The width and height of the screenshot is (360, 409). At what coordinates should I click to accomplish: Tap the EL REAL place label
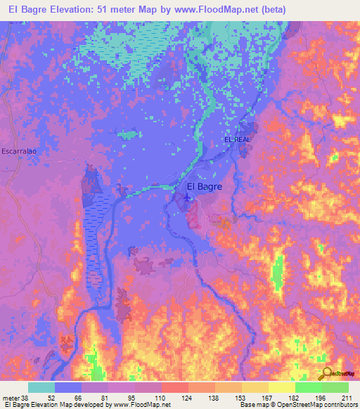click(237, 140)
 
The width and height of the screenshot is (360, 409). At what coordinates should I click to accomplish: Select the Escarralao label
click(19, 151)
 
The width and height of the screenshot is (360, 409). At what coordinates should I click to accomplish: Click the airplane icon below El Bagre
click(187, 198)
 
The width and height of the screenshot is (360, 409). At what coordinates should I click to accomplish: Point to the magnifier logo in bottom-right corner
click(327, 374)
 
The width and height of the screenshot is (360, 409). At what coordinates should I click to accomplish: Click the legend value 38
click(21, 397)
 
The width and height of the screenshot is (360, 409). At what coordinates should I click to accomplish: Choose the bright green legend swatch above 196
click(309, 387)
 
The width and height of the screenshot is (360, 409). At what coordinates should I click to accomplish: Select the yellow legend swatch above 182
click(282, 387)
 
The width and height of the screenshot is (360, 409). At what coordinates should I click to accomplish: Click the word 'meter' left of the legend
click(9, 397)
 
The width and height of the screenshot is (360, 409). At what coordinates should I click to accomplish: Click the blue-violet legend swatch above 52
click(68, 387)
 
